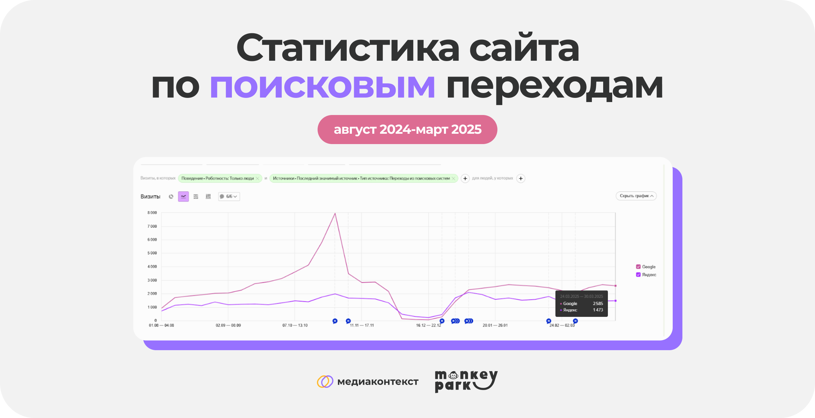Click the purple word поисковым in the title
(x=322, y=86)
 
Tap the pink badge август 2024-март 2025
(x=407, y=130)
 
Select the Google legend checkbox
(x=638, y=267)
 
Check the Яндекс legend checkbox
(x=638, y=275)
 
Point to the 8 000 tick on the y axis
(x=152, y=213)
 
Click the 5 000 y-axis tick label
(x=152, y=253)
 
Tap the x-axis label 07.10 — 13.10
(x=295, y=325)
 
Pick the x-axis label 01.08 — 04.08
(x=161, y=325)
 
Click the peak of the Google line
(x=335, y=214)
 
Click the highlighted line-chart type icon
(x=183, y=196)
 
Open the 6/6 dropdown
(x=229, y=196)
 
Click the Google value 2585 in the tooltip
(x=598, y=304)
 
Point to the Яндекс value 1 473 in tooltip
(x=598, y=310)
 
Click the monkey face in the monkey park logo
(x=453, y=375)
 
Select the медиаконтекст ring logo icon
(x=325, y=381)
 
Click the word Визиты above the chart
(x=150, y=196)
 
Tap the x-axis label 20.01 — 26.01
(x=495, y=325)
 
